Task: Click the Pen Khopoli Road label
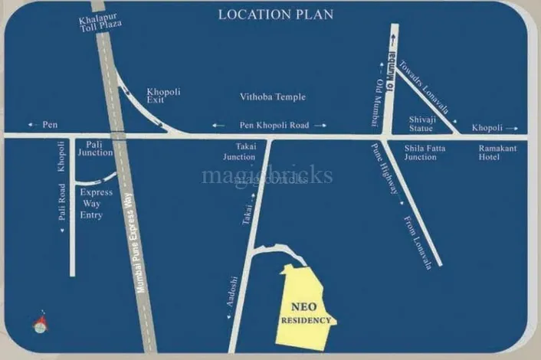click(x=269, y=125)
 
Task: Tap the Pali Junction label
click(x=100, y=148)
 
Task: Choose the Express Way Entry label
click(x=97, y=203)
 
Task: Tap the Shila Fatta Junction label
click(x=420, y=152)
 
